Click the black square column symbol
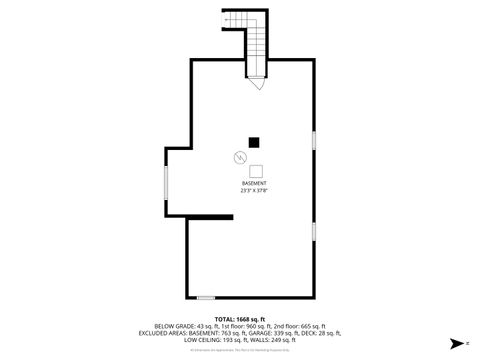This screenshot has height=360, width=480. tap(254, 142)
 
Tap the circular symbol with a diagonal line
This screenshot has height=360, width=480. tap(239, 157)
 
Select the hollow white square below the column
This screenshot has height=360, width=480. tap(256, 170)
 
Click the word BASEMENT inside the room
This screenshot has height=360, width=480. tap(254, 184)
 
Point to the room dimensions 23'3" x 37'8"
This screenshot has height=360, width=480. tap(254, 190)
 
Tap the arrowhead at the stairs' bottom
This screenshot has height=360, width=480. tap(258, 85)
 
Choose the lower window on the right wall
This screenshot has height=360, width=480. tap(314, 232)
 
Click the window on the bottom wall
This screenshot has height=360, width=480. tap(205, 297)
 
